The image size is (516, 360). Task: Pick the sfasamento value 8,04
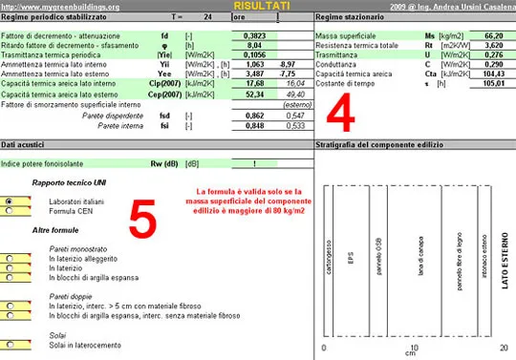coord(254,44)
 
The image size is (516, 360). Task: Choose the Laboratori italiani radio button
coord(10,202)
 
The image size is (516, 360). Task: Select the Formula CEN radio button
coord(10,211)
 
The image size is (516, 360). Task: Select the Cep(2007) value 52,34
coord(254,95)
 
